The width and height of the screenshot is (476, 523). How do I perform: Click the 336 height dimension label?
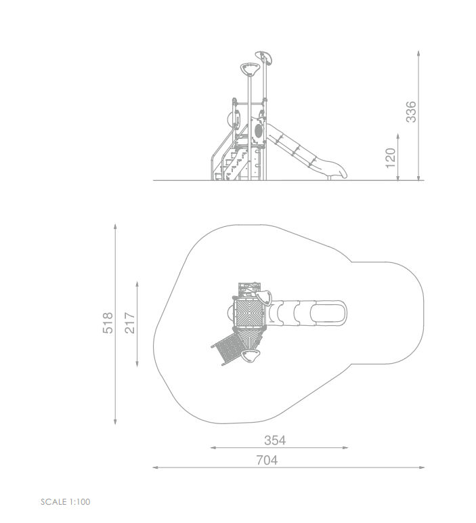click(411, 112)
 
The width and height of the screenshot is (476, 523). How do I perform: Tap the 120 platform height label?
click(390, 158)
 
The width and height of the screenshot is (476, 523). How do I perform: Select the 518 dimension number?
click(108, 323)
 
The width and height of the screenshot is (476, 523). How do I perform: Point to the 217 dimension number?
click(130, 323)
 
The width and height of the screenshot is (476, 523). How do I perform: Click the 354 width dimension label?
click(275, 440)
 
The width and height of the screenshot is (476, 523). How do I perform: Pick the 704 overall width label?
click(267, 460)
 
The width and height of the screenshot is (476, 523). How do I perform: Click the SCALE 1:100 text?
click(65, 501)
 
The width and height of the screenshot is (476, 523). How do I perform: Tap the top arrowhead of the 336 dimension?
click(418, 54)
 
